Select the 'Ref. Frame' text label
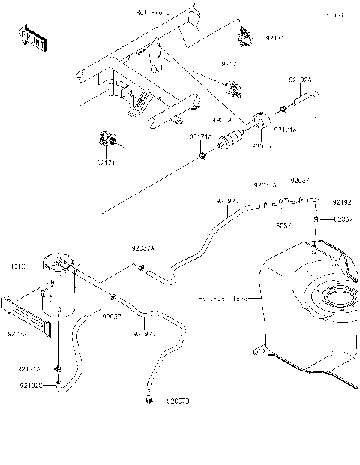click(x=152, y=13)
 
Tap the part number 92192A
click(x=299, y=78)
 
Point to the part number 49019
click(x=222, y=118)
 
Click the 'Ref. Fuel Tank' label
click(x=223, y=298)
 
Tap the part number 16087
click(x=281, y=224)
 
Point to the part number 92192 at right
click(x=342, y=202)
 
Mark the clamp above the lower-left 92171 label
click(x=104, y=139)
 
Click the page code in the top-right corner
click(x=334, y=14)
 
